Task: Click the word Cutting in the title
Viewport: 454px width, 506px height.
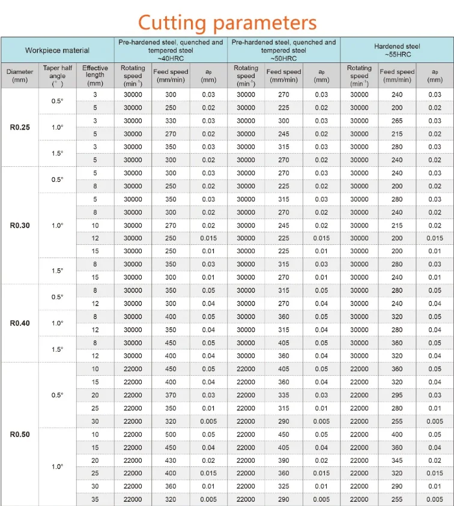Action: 172,22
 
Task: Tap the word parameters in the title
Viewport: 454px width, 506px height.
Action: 264,23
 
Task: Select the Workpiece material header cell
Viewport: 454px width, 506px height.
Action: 57,50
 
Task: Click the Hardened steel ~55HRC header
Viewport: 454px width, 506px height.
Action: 397,50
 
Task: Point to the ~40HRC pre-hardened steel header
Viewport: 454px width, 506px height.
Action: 171,50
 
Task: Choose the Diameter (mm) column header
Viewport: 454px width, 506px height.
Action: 20,76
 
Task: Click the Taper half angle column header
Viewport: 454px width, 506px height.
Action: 57,76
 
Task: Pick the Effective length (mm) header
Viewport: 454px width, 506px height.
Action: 95,76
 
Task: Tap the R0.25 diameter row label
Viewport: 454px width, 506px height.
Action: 20,127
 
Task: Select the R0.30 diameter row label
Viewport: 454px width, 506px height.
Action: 20,226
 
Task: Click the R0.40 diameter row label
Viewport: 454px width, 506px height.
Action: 20,323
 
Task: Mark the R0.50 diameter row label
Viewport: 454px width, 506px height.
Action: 20,434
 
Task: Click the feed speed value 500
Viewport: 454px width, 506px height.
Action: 171,434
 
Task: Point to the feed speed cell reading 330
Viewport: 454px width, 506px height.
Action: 171,121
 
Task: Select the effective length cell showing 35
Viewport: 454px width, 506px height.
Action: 95,499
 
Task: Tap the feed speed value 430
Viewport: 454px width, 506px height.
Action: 171,460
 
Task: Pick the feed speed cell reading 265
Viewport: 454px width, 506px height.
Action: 397,121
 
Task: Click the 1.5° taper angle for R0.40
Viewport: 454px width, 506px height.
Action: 57,349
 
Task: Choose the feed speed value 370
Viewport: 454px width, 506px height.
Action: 171,395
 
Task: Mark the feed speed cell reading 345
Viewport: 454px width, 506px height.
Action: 397,460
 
